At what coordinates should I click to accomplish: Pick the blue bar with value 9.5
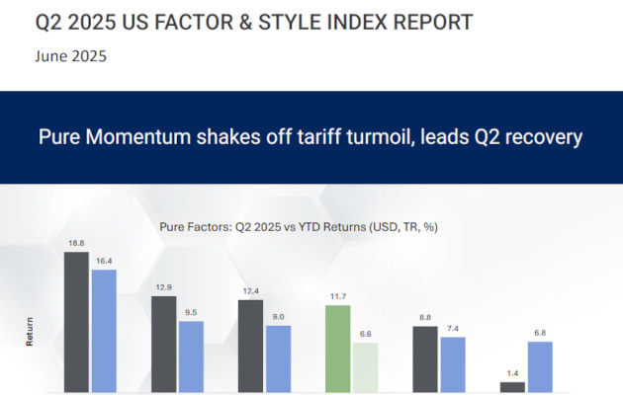191,356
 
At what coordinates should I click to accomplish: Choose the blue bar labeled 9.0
278,358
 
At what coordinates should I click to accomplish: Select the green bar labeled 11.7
338,349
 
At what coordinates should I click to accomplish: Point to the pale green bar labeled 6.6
365,368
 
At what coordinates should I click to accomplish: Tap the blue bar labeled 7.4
452,364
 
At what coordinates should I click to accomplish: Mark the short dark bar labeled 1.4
512,387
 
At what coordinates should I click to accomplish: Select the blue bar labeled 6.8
539,366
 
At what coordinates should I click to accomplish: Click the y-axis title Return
28,337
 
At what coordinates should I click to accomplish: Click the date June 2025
71,56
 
